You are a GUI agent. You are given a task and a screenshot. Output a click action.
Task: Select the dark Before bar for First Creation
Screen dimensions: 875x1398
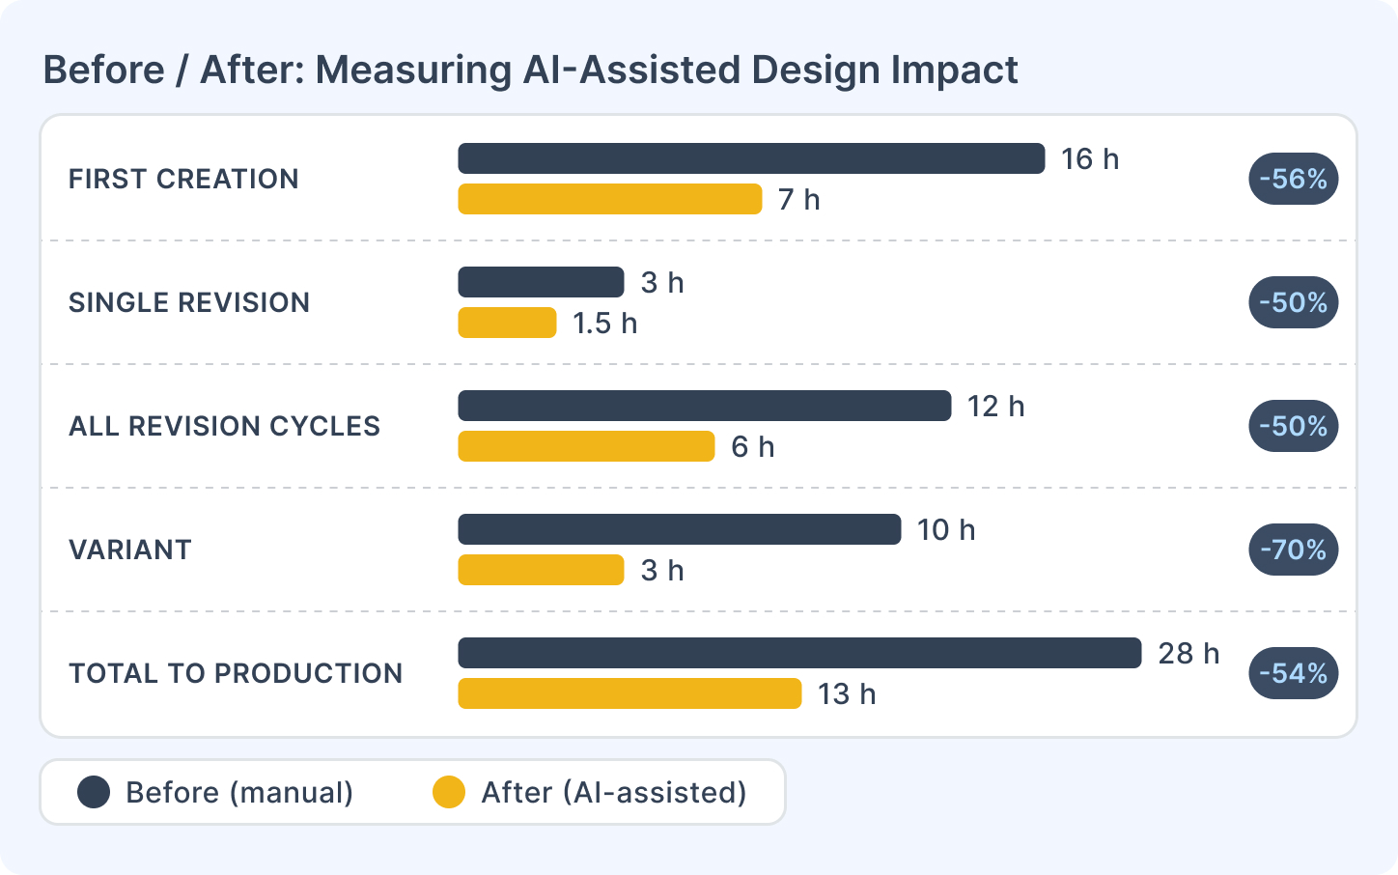click(x=751, y=158)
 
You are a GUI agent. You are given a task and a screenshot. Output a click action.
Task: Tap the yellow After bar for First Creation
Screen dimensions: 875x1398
click(x=609, y=199)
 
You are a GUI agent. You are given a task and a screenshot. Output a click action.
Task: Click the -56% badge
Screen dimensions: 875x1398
click(x=1293, y=179)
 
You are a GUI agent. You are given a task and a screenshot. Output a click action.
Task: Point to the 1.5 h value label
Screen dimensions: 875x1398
click(x=604, y=323)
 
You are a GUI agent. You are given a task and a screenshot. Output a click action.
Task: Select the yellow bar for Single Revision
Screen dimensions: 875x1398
click(x=507, y=323)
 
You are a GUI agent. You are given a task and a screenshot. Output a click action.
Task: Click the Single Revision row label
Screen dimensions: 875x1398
click(x=189, y=302)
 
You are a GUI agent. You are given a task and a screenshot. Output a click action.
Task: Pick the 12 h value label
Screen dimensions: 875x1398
click(x=995, y=406)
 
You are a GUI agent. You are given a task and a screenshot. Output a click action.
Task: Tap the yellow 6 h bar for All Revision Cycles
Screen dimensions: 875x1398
click(x=586, y=446)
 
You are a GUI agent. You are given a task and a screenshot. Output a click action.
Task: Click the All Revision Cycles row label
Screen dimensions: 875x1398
click(x=224, y=426)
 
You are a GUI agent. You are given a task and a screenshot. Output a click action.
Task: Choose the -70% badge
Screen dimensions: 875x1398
click(x=1293, y=550)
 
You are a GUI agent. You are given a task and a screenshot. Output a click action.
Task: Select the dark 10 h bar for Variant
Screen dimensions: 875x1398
click(x=679, y=529)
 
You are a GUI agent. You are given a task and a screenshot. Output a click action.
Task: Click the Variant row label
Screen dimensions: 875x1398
click(x=130, y=550)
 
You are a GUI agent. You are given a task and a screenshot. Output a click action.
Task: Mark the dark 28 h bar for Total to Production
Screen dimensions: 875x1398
click(x=799, y=653)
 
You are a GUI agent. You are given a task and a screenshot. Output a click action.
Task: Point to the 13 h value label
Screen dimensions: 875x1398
click(x=847, y=693)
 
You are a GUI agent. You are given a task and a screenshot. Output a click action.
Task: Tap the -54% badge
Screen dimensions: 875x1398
click(x=1293, y=673)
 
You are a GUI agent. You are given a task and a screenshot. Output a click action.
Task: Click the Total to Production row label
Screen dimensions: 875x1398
click(x=236, y=673)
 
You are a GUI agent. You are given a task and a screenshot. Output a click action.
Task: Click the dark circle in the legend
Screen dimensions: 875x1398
click(x=94, y=792)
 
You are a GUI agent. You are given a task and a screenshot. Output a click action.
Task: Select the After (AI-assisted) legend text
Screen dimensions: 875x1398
click(x=614, y=792)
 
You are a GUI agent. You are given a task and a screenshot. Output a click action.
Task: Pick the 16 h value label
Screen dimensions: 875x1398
click(x=1090, y=158)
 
